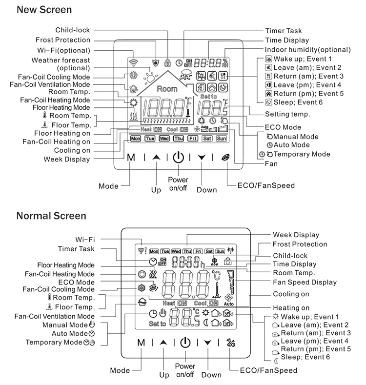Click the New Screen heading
[x=44, y=9]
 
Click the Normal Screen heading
[x=51, y=216]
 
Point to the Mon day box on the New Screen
[x=136, y=139]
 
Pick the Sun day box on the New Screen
[x=222, y=139]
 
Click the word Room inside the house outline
[x=167, y=89]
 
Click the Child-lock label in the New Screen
[x=74, y=30]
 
